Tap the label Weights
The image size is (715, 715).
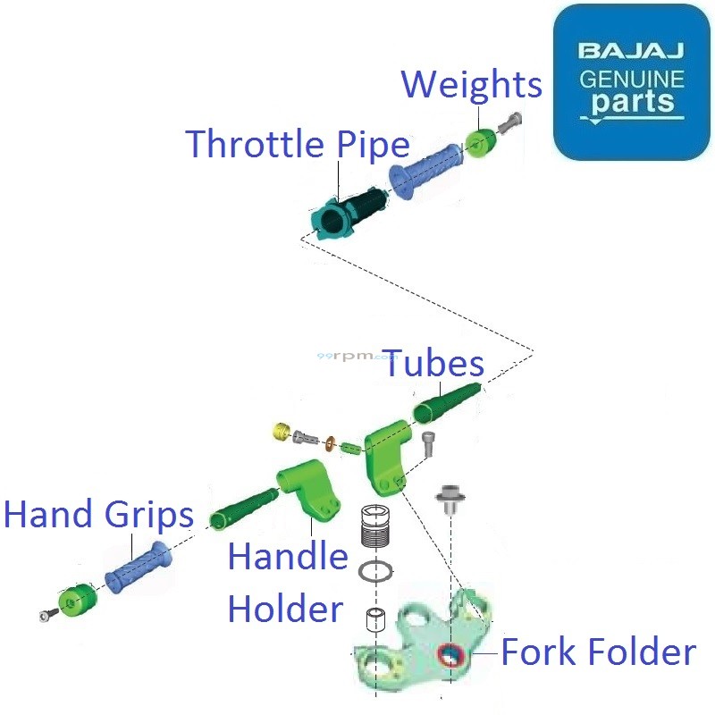point(471,84)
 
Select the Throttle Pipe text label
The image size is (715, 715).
point(298,144)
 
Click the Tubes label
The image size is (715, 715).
point(434,364)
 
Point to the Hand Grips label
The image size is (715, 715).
point(98,515)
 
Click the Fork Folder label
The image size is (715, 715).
point(598,652)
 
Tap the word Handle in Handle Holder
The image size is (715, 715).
point(287,557)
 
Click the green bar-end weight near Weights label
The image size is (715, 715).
point(481,142)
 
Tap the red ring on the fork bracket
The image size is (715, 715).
point(450,656)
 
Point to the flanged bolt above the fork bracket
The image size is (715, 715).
point(450,500)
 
